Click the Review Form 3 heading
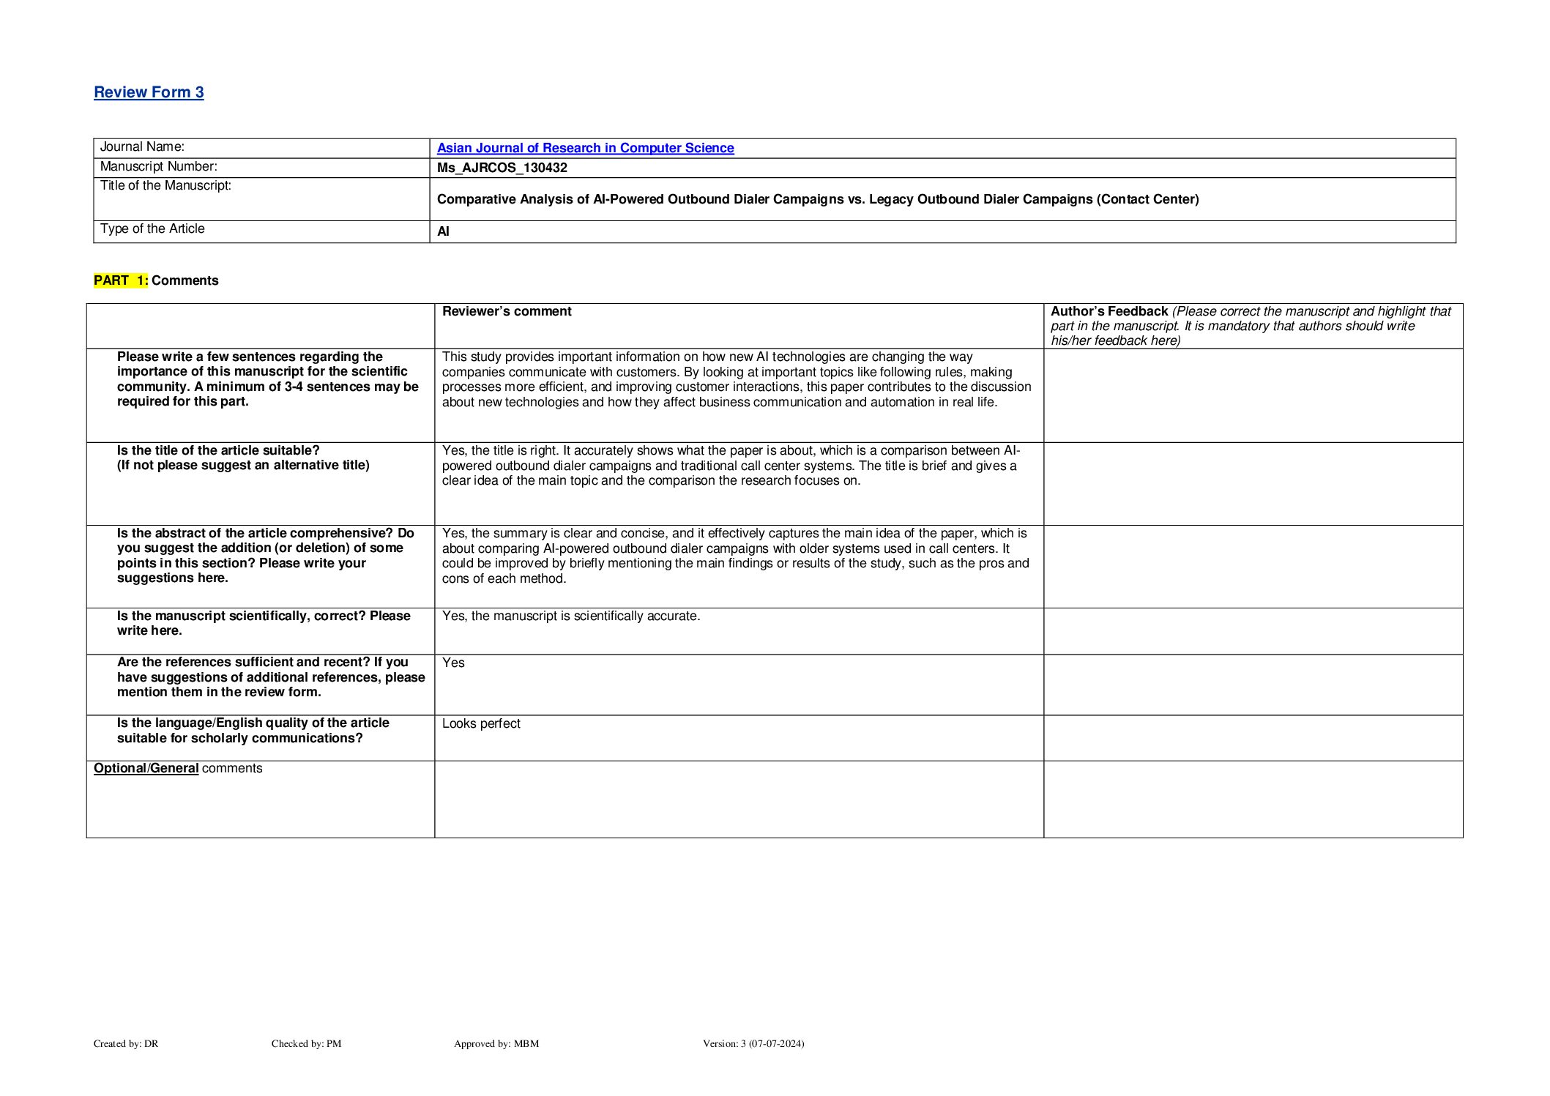click(149, 92)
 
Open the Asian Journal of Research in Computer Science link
click(585, 148)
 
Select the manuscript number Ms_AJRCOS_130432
click(502, 168)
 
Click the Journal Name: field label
click(142, 147)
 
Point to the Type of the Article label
click(152, 229)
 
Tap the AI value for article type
click(443, 232)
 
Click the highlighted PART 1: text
click(121, 280)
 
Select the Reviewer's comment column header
click(507, 312)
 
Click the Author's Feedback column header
click(1109, 312)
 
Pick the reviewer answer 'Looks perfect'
click(481, 724)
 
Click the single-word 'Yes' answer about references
click(453, 663)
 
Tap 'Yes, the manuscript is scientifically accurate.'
click(571, 616)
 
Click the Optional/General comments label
click(178, 769)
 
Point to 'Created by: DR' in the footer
click(126, 1044)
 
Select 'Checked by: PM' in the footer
click(306, 1044)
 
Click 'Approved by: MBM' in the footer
click(496, 1044)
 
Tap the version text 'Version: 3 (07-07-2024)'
click(753, 1044)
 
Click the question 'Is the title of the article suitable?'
click(218, 451)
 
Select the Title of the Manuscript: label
click(165, 186)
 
